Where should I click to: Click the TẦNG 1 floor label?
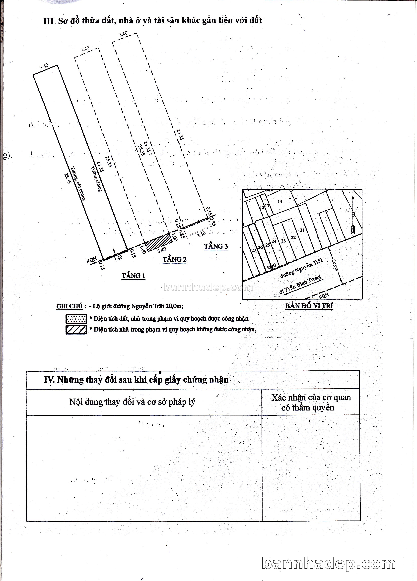[133, 276]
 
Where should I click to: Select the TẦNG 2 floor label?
[175, 259]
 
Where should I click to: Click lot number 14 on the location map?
[280, 201]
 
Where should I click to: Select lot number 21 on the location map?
[302, 230]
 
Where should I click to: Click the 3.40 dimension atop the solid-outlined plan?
[44, 67]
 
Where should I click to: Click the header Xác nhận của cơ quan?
[311, 397]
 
